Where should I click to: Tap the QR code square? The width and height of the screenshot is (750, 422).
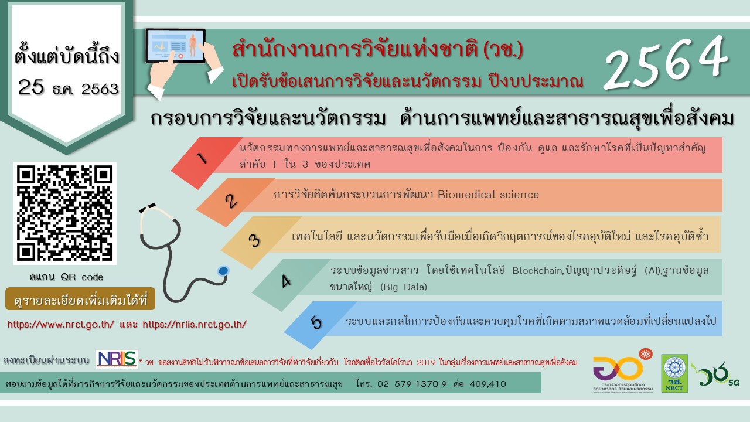click(64, 213)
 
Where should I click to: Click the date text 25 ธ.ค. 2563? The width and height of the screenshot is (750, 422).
click(68, 89)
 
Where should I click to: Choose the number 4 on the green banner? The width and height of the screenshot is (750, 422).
click(286, 282)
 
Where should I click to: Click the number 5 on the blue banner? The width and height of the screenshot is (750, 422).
click(316, 323)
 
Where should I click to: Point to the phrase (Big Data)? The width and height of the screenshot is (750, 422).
click(404, 287)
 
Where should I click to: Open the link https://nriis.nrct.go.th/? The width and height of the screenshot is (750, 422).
click(194, 324)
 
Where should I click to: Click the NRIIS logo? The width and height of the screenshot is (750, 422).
click(117, 359)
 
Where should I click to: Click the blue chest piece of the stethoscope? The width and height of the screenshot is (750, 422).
click(223, 271)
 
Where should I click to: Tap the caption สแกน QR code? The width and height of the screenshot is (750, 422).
click(66, 277)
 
